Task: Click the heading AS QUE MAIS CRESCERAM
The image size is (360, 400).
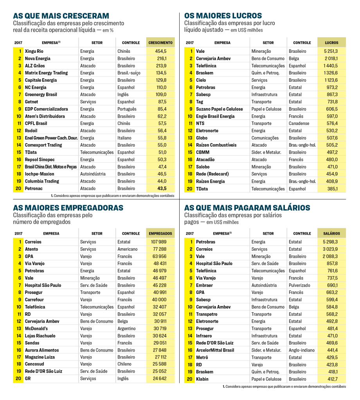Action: (x=61, y=16)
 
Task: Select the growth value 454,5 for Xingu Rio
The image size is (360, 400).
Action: (x=160, y=51)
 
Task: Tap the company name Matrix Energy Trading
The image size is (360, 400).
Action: (x=46, y=73)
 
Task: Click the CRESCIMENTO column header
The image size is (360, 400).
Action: (x=160, y=43)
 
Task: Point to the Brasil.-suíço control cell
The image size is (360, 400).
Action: (x=129, y=73)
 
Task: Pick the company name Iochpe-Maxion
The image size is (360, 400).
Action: (x=40, y=174)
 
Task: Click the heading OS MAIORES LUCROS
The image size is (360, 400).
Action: (x=223, y=16)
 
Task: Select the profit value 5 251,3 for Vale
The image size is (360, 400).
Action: (x=331, y=51)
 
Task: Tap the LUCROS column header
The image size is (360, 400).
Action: (x=331, y=43)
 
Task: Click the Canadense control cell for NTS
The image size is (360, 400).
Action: (x=299, y=124)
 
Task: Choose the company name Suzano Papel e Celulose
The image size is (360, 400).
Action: (x=219, y=109)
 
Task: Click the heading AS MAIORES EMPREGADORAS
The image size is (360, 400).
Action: (x=68, y=208)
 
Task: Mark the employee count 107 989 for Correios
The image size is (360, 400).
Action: (x=158, y=242)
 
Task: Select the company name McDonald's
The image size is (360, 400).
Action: (x=36, y=329)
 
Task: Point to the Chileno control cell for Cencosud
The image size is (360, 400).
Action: (x=126, y=364)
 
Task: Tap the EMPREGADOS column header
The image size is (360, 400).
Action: (x=160, y=233)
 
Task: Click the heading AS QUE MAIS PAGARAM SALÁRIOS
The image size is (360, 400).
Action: (x=247, y=208)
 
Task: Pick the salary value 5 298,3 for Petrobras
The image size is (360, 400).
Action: (x=331, y=242)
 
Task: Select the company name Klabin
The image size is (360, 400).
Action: (x=202, y=379)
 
